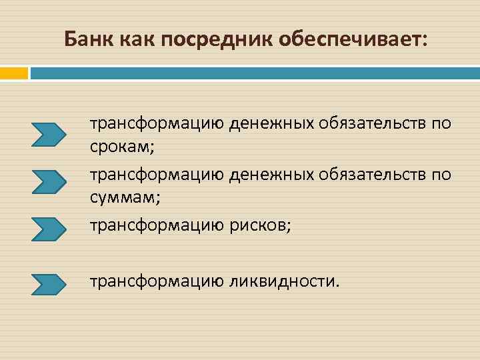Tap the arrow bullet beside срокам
49,134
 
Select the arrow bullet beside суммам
49,181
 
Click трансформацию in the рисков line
157,225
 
